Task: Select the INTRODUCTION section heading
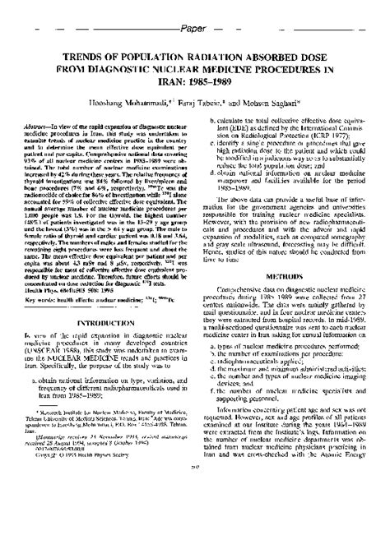(x=106, y=302)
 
